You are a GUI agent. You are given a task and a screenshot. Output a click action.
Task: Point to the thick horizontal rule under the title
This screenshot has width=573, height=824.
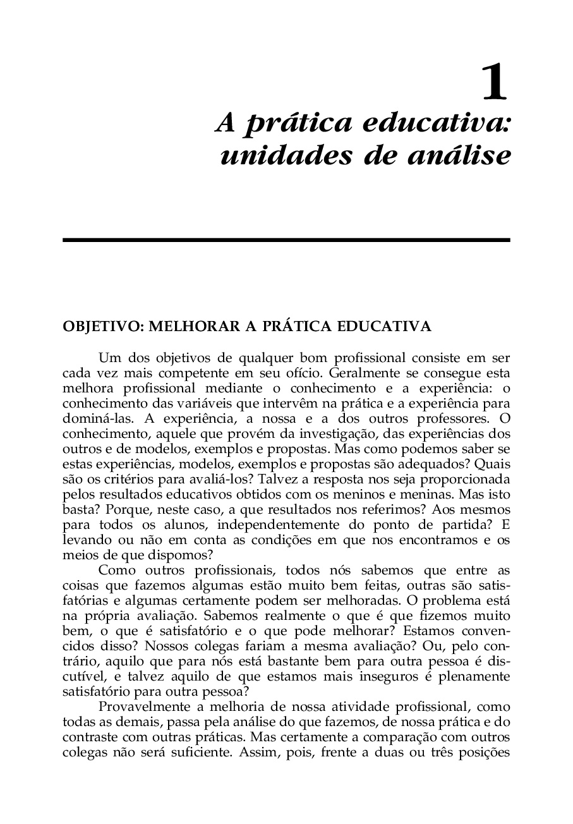pyautogui.click(x=286, y=240)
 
